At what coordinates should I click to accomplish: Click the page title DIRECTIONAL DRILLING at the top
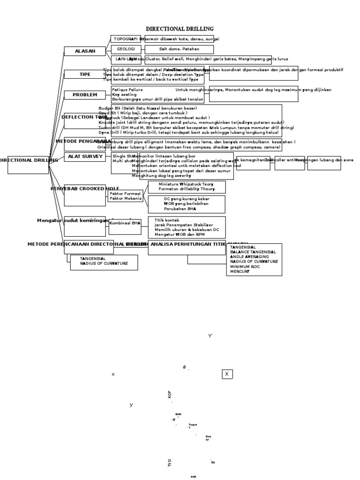pos(180,29)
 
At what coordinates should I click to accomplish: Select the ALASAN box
pos(84,51)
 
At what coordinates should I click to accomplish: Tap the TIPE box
pos(84,75)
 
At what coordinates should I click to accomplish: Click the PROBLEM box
pos(84,95)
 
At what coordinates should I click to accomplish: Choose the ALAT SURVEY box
pos(84,157)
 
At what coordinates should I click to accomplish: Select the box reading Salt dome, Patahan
pos(179,49)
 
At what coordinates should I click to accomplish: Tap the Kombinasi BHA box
pos(125,224)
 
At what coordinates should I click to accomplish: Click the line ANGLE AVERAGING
pos(249,257)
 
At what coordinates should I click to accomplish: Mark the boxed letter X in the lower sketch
pos(227,374)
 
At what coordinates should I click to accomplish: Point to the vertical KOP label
pos(170,395)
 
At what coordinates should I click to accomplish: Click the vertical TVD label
pos(170,463)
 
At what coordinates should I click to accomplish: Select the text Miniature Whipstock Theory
pos(186,184)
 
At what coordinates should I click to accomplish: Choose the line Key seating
pos(124,94)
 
